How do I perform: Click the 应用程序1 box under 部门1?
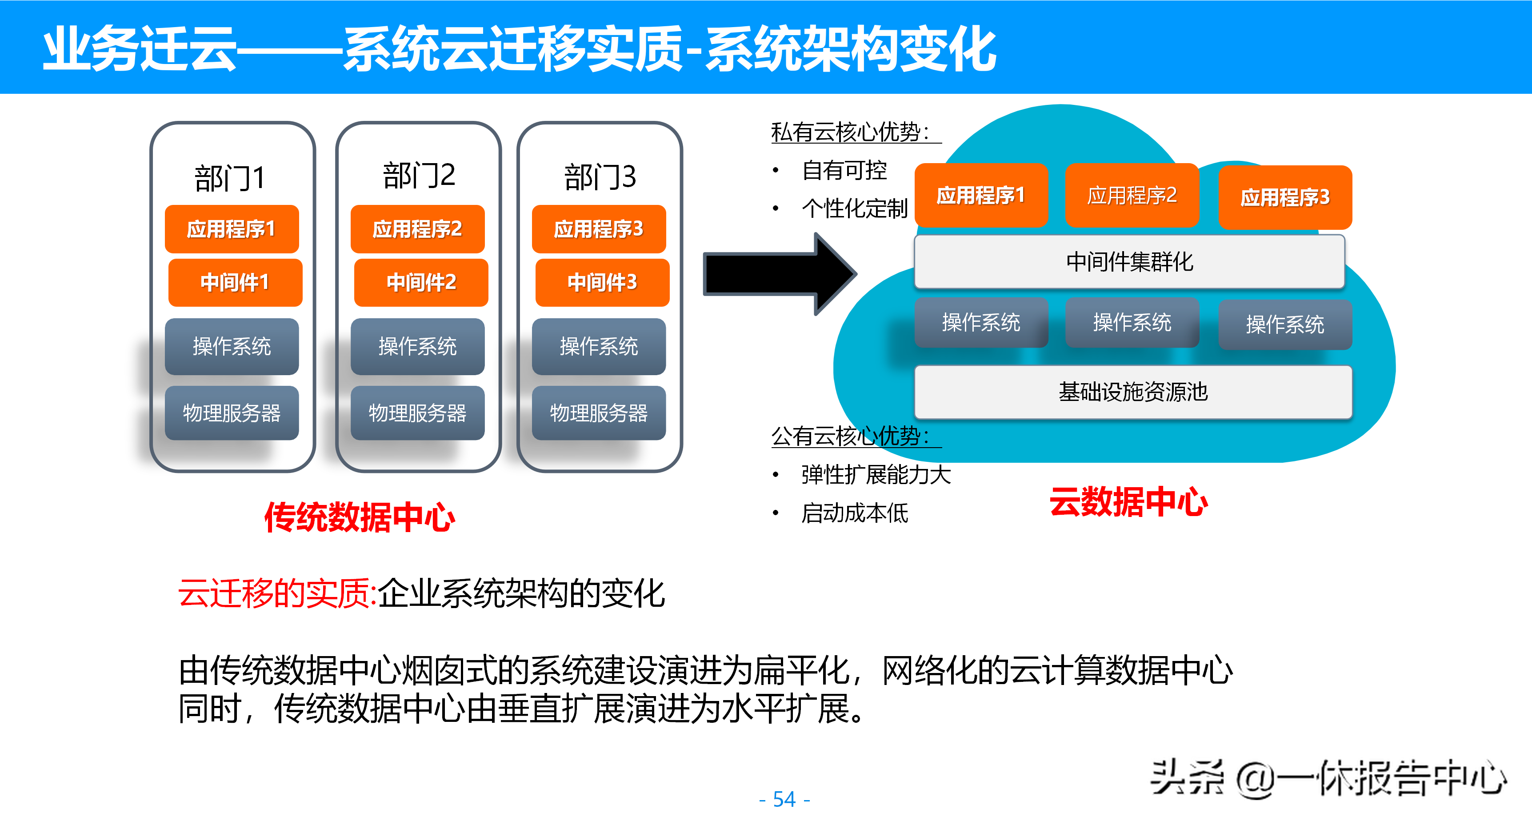point(232,229)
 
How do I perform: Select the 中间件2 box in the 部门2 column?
point(421,282)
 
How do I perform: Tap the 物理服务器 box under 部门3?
point(598,413)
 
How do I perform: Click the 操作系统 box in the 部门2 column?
point(417,346)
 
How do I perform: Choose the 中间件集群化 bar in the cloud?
point(1129,262)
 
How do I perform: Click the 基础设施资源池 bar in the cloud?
point(1132,392)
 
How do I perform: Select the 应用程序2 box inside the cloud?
point(1132,195)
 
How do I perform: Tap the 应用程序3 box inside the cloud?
point(1284,197)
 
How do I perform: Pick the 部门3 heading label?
point(600,177)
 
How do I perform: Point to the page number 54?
point(784,799)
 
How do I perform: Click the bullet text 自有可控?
point(844,171)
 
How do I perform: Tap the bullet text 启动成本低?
point(855,513)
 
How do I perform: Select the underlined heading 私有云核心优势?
point(851,132)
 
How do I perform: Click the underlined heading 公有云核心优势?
point(851,436)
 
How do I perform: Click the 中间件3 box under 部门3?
point(602,282)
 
